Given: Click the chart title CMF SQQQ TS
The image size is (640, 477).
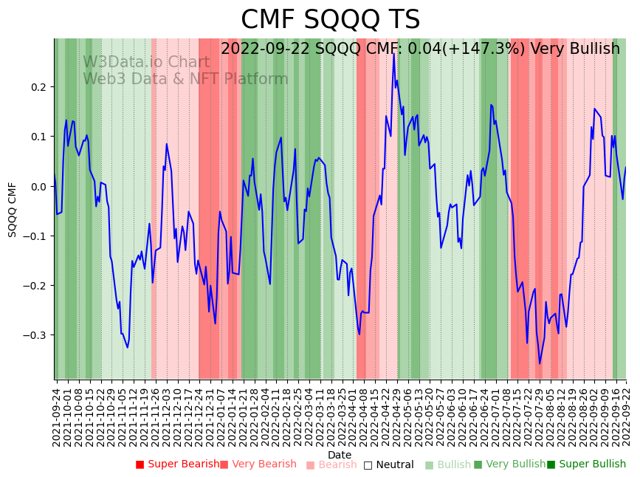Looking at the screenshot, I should click(330, 20).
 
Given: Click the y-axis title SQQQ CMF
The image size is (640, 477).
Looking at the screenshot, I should click(13, 209).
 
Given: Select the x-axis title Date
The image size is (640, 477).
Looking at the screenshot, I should click(340, 455).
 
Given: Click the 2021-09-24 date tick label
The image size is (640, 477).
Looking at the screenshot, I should click(57, 413).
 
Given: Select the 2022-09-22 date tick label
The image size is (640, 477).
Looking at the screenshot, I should click(627, 413).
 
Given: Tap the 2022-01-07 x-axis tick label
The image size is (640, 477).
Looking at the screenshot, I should click(221, 413).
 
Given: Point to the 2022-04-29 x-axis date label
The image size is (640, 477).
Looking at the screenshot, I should click(395, 413).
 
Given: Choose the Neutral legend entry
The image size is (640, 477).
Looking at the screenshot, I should click(393, 464).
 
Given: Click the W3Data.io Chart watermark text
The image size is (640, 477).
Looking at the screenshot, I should click(146, 62).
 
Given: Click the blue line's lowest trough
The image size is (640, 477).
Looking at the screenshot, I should click(540, 363).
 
